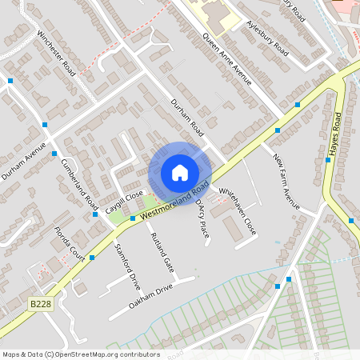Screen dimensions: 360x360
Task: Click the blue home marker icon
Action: [180, 173]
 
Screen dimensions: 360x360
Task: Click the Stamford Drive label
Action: [127, 266]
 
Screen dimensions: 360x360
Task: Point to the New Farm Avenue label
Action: [286, 183]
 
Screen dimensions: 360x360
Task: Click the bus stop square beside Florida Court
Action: [92, 258]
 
